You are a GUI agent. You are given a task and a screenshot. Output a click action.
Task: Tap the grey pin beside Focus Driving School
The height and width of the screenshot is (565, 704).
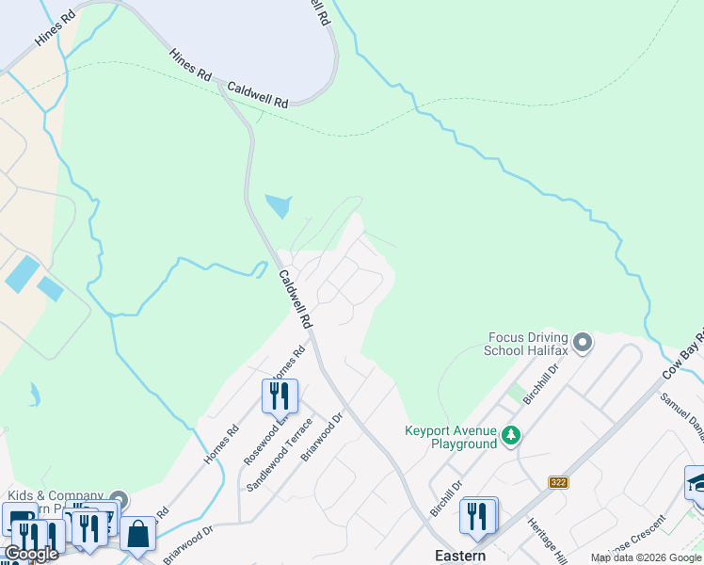point(583,342)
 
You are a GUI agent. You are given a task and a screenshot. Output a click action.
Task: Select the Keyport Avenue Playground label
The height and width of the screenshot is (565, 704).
point(450,437)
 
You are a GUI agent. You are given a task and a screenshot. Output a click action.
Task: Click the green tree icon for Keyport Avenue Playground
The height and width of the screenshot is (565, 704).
point(510,435)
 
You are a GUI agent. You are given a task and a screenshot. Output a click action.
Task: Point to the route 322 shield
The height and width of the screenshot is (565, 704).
point(558,482)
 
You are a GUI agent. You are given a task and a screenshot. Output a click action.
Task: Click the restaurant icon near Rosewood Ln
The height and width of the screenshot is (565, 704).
point(280,395)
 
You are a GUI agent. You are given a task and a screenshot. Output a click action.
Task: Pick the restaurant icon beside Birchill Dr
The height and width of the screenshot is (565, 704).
point(479,516)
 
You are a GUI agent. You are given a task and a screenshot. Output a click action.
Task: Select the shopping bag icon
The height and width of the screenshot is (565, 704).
point(138,534)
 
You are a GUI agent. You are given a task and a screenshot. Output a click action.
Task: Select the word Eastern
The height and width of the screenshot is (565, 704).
point(459,556)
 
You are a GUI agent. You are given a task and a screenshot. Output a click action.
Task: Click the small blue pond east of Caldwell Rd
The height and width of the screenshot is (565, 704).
point(279,205)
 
